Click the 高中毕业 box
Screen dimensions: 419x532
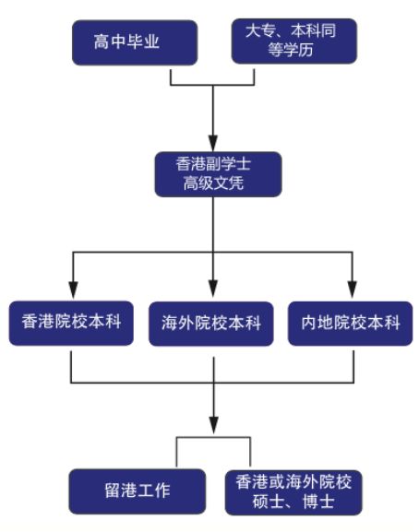click(x=135, y=42)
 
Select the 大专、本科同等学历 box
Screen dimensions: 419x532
click(x=294, y=41)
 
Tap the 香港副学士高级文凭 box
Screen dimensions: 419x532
click(x=219, y=174)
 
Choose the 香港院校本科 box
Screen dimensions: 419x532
click(x=71, y=323)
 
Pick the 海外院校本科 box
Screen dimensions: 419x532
click(x=211, y=324)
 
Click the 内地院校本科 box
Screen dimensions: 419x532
click(x=351, y=324)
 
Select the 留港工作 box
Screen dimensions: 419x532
click(x=138, y=491)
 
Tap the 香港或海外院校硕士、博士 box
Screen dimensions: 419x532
click(x=293, y=492)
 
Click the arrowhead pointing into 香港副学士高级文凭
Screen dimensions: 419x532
click(x=213, y=143)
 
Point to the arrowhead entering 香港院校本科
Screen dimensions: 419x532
click(x=73, y=290)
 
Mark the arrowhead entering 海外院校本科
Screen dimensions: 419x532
click(x=213, y=290)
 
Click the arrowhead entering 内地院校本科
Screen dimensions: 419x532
click(x=353, y=290)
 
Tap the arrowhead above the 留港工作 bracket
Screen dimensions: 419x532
click(x=213, y=425)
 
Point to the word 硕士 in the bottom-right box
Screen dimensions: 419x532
click(x=268, y=502)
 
